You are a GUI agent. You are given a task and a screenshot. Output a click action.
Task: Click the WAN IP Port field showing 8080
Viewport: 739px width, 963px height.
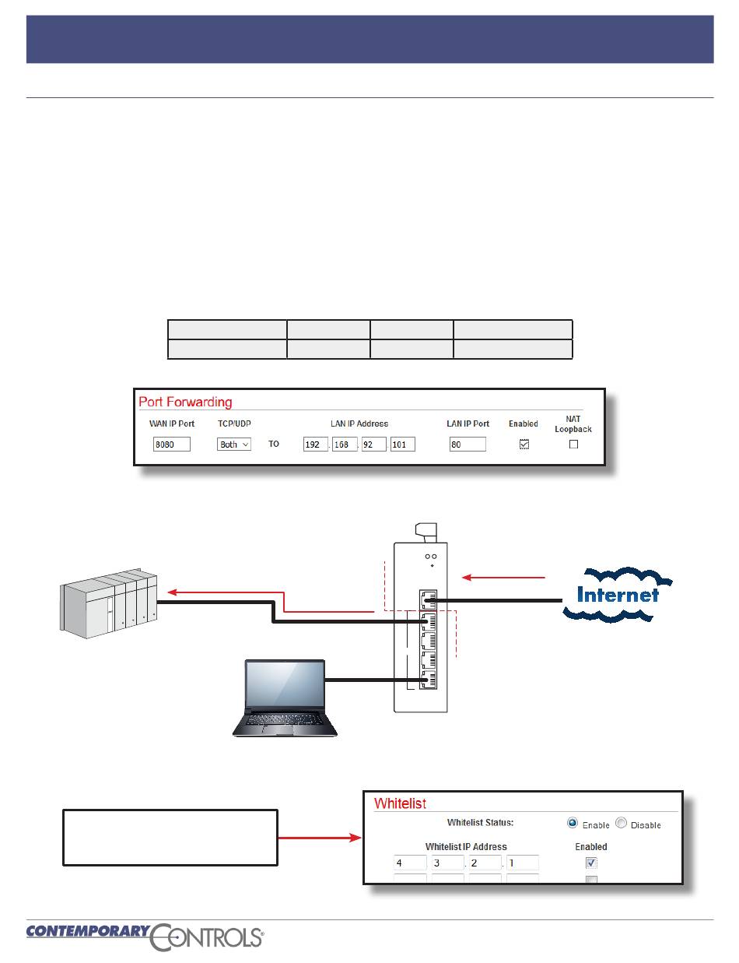point(172,445)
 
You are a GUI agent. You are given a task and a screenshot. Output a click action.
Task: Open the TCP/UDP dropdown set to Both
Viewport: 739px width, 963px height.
point(234,445)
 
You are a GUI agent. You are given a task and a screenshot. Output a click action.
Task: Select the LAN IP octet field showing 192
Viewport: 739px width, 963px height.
point(315,445)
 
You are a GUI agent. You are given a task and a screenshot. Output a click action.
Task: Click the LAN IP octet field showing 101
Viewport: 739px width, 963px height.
point(402,445)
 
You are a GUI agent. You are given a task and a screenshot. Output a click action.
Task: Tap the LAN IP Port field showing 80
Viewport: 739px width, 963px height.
point(468,445)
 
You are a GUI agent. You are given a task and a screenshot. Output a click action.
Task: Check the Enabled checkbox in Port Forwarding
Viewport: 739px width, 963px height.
point(524,444)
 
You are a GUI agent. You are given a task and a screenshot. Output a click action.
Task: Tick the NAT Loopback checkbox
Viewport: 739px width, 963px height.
point(573,444)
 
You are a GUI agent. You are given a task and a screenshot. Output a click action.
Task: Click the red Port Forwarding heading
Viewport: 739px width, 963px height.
point(185,402)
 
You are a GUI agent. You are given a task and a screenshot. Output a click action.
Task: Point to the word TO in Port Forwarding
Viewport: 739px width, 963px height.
point(274,445)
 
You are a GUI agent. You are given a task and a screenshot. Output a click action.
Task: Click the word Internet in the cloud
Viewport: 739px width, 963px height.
point(618,596)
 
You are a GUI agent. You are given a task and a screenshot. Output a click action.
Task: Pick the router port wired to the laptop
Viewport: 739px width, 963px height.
point(426,680)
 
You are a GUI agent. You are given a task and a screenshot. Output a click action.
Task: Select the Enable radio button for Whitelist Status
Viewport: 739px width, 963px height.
point(573,824)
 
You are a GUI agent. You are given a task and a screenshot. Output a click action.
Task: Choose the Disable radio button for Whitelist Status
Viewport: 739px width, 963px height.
point(621,824)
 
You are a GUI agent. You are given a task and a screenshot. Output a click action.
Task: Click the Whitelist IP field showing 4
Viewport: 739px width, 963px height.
point(410,863)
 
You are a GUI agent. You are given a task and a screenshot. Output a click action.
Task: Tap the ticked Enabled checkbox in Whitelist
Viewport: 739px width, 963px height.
point(591,863)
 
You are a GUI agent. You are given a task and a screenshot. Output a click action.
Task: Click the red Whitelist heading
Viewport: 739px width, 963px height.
point(400,803)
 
